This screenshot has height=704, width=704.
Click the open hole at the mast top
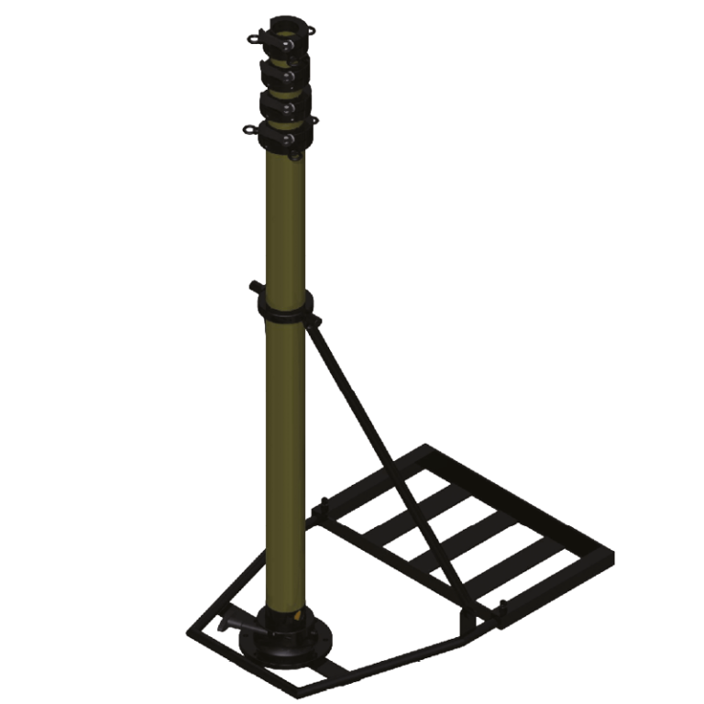pos(282,20)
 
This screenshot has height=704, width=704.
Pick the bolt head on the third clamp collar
pos(289,107)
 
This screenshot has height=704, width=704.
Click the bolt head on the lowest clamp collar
pos(289,137)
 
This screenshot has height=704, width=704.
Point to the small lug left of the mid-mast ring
pos(251,287)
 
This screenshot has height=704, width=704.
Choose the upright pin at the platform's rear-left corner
pos(324,503)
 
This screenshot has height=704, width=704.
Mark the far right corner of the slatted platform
pos(611,555)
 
